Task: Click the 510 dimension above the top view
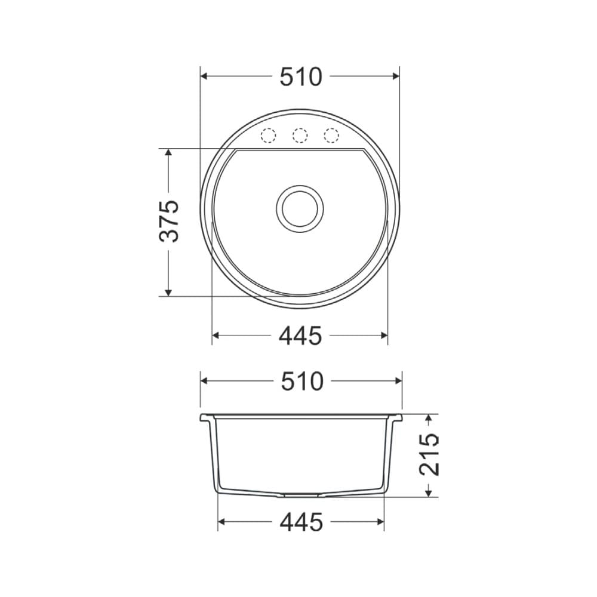coord(300,76)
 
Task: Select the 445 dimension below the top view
coord(300,336)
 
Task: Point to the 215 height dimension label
coord(429,455)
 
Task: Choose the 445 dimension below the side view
coord(301,522)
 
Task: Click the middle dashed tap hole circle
coord(300,136)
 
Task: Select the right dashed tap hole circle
coord(331,136)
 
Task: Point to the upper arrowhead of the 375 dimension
coord(169,153)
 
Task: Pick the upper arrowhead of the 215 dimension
coord(429,418)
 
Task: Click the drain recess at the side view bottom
coord(300,494)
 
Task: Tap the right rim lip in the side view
coord(397,417)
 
